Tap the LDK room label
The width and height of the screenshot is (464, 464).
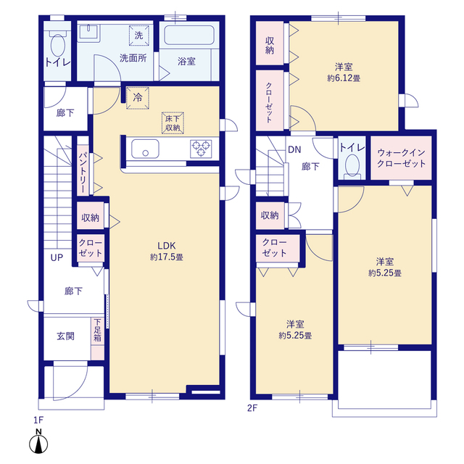pos(167,246)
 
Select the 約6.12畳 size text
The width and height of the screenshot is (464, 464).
pos(344,78)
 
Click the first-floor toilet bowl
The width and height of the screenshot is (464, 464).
pos(58,45)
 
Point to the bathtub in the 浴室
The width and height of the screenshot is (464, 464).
pos(189,36)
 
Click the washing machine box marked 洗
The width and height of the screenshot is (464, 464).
pos(138,36)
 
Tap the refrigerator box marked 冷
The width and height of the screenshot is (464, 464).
pos(138,98)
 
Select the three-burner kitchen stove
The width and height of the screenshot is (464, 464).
pos(201,149)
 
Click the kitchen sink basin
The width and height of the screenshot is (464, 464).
pos(145,149)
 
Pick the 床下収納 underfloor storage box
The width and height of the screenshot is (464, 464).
pos(173,123)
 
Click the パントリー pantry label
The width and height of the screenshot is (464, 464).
pos(83,173)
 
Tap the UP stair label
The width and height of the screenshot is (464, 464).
pos(57,258)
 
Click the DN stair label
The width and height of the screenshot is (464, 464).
pos(294,150)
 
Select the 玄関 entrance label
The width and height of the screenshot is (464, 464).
pos(65,336)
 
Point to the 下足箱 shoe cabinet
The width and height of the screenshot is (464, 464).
pos(97,339)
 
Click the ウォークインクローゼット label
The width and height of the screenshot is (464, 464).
pos(401,158)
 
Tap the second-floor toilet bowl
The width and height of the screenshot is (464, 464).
pos(352,165)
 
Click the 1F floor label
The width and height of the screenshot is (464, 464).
pos(38,420)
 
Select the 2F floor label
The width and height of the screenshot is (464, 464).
pos(252,408)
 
